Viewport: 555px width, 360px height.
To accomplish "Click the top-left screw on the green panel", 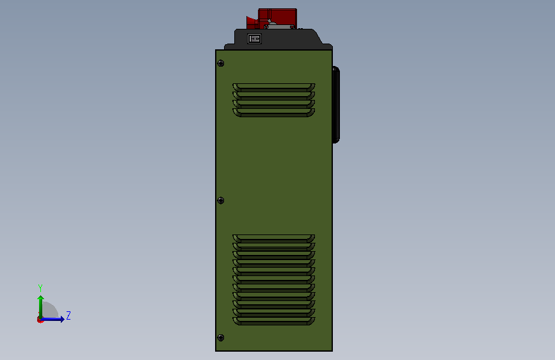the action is [220, 63].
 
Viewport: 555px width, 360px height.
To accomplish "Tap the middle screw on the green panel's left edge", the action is [220, 200].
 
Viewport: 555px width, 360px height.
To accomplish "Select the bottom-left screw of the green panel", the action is [220, 338].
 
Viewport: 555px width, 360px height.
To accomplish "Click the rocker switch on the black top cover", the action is [254, 38].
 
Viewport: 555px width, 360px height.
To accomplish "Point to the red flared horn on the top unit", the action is [252, 22].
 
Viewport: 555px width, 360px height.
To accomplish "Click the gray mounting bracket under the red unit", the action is [279, 26].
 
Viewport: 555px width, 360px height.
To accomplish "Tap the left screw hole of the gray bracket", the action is [266, 27].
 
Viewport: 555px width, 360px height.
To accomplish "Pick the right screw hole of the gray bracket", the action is [292, 27].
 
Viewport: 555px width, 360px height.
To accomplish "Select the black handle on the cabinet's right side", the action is [336, 105].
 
